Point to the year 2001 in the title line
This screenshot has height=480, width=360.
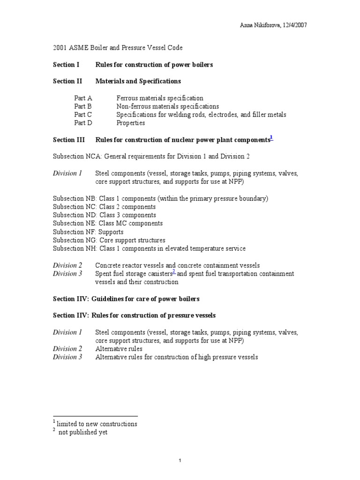click(60, 48)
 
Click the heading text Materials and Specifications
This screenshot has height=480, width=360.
click(138, 81)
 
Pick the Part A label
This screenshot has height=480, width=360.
click(83, 98)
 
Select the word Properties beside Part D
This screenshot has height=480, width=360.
click(130, 123)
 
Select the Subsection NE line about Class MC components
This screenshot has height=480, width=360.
click(108, 224)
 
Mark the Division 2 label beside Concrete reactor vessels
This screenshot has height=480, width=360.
click(67, 265)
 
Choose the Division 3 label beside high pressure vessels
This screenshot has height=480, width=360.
click(67, 357)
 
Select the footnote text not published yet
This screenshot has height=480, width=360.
click(82, 432)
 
